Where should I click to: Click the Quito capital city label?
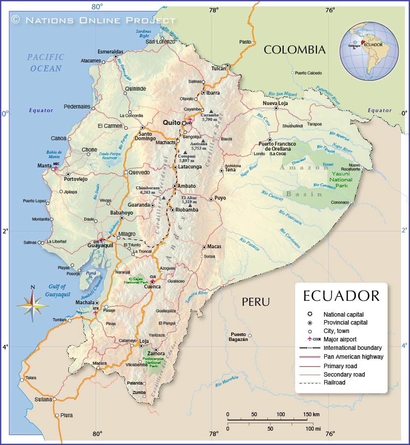(x=172, y=122)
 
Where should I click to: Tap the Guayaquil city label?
(x=101, y=245)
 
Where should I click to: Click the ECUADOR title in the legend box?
(x=341, y=296)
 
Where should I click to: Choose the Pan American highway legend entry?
(x=353, y=356)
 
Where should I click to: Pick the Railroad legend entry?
(x=334, y=382)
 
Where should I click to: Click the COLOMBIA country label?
(x=294, y=50)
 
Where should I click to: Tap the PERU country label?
(x=256, y=302)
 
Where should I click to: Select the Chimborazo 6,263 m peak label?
(x=148, y=190)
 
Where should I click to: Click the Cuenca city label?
(x=152, y=286)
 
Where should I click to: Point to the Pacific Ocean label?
(x=46, y=63)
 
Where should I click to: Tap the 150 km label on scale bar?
(x=311, y=414)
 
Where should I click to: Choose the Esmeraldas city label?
(x=110, y=52)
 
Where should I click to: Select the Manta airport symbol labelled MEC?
(x=55, y=168)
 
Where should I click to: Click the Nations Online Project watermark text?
(x=94, y=20)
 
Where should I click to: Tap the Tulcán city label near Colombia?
(x=218, y=68)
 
